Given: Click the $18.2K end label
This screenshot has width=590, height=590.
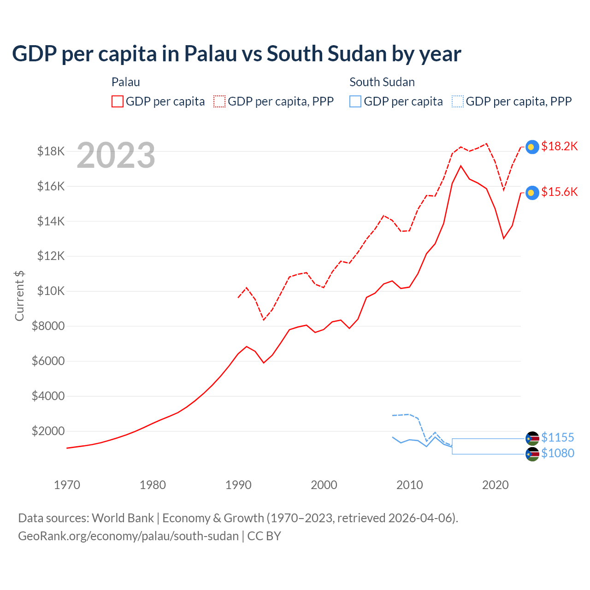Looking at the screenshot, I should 559,147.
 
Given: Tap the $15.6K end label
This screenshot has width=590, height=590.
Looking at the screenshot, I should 559,192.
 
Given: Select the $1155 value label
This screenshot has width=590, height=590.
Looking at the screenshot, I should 557,437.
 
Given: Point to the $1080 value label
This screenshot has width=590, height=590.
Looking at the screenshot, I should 557,454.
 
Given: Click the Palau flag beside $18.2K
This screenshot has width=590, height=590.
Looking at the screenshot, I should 532,147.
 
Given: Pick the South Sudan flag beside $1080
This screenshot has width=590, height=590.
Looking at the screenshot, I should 532,454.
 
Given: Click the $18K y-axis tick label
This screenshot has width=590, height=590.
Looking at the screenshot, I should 51,151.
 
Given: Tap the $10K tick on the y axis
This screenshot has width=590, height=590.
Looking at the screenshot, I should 51,291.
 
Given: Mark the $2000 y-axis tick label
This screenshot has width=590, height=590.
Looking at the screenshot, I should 48,431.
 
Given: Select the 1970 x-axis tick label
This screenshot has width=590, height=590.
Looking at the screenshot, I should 67,485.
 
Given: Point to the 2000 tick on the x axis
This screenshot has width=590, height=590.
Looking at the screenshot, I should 324,485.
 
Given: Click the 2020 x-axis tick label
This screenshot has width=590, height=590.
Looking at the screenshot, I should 496,485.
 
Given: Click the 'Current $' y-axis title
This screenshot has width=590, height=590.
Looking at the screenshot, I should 19,296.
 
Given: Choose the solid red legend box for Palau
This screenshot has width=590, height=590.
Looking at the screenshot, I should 118,101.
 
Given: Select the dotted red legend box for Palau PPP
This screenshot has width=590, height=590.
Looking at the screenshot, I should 219,101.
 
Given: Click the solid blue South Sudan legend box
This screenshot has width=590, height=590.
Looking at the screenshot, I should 355,101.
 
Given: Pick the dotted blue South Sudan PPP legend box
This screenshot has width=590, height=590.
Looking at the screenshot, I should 458,101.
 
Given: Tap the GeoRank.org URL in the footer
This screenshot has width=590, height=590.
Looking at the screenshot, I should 128,536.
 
